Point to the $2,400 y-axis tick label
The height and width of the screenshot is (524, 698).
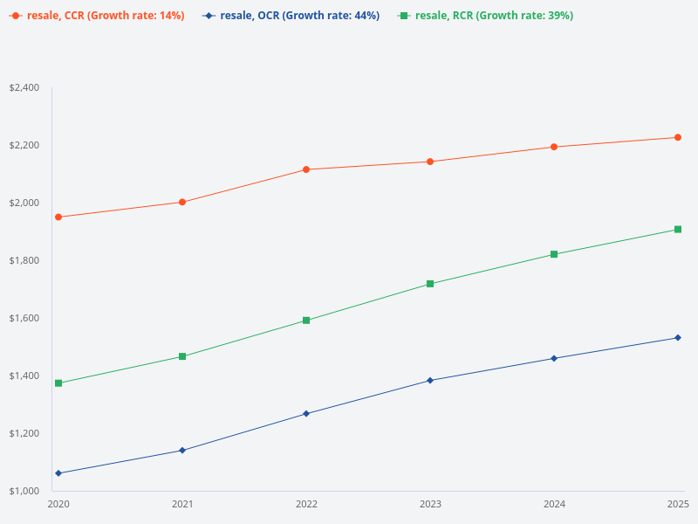[24, 87]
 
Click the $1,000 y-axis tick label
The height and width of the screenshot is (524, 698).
[24, 491]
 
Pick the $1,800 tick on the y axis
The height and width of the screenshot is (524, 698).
[24, 260]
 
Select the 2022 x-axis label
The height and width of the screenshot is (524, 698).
[306, 504]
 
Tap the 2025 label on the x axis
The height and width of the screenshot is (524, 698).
[678, 504]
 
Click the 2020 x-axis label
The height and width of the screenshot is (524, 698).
[58, 504]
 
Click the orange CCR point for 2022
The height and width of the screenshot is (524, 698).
[306, 169]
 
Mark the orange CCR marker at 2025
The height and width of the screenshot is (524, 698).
[678, 137]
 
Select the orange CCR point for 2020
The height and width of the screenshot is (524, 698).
[58, 217]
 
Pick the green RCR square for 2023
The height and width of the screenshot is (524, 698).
[430, 284]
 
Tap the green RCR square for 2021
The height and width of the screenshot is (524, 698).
[182, 356]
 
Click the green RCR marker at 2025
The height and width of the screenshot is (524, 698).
[678, 230]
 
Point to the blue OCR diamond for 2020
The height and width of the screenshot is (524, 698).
[58, 473]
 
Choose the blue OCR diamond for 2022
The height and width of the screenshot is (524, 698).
[306, 413]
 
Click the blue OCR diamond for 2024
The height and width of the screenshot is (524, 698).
[554, 358]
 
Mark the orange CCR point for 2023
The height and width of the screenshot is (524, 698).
[430, 162]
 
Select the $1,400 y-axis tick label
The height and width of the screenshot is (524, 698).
[24, 376]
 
